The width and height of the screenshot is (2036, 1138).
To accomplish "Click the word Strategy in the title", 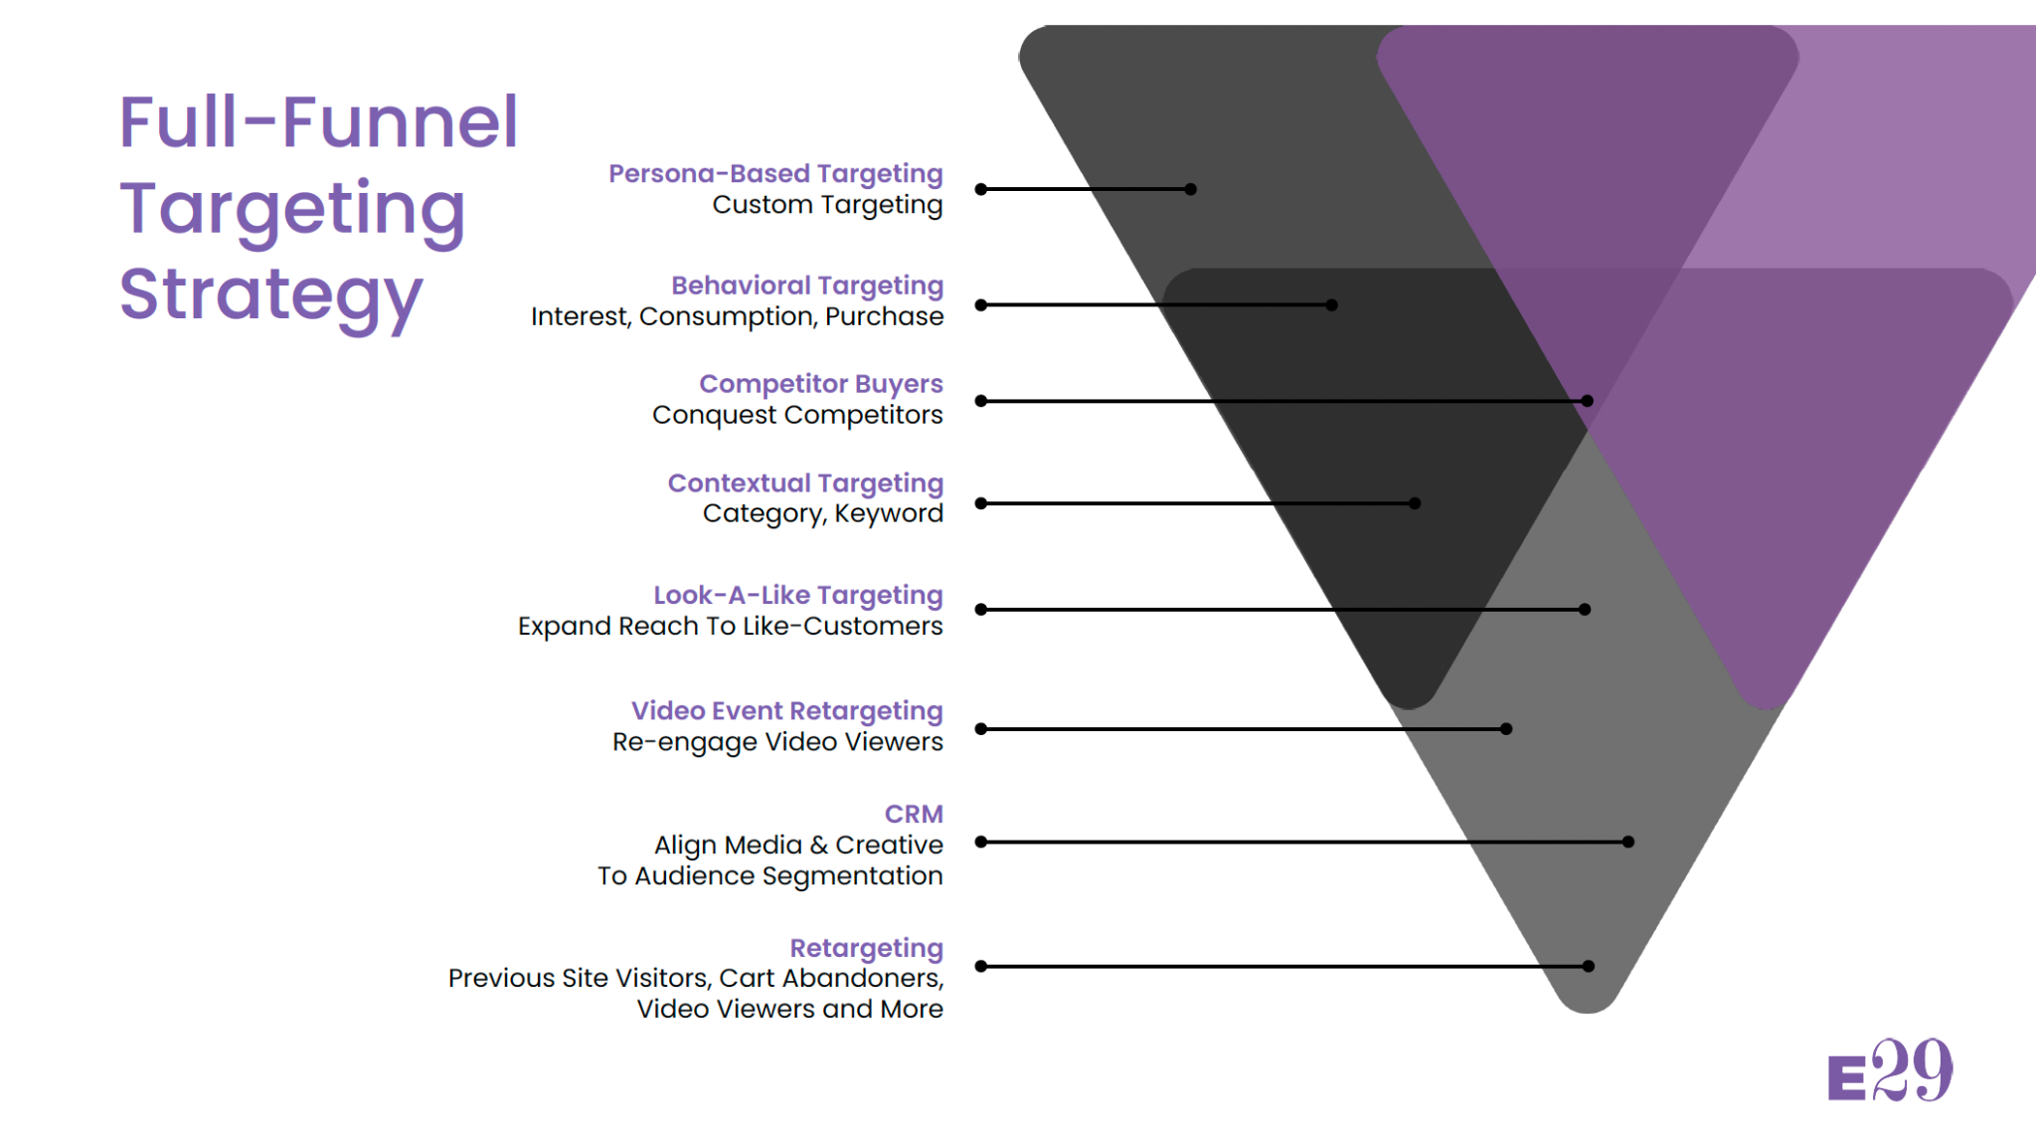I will click(270, 295).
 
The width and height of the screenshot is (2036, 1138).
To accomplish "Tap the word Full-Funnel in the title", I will click(318, 122).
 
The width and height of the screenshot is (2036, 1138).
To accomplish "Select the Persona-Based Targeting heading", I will click(775, 174).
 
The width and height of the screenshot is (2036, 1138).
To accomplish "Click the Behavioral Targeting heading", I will click(806, 285).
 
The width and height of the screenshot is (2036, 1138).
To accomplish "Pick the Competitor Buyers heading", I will click(820, 384).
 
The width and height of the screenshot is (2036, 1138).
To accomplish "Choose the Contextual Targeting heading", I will click(805, 483).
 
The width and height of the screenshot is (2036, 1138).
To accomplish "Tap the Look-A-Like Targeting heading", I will click(797, 595).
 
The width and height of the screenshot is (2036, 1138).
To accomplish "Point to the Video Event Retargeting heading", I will click(786, 711).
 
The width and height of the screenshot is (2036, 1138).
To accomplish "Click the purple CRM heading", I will click(914, 814).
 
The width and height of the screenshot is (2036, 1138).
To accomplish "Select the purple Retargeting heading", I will click(866, 948).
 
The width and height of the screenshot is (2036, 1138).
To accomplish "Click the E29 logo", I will click(1890, 1071).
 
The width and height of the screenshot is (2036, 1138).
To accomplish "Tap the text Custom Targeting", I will click(827, 205).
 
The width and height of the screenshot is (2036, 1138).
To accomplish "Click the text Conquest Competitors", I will click(797, 415).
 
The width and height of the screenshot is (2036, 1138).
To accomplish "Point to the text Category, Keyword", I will click(822, 513).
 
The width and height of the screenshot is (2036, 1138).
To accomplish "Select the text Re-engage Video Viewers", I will click(777, 742).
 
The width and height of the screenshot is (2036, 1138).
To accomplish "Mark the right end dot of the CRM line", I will click(1628, 842).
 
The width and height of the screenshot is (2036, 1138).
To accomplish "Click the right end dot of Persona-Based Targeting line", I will click(1191, 189).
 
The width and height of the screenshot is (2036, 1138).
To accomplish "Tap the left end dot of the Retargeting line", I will click(981, 966).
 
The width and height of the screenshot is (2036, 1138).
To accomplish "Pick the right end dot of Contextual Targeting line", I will click(1415, 503).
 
